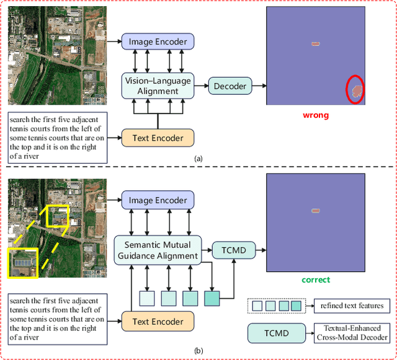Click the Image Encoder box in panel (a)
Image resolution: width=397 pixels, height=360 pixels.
point(158,42)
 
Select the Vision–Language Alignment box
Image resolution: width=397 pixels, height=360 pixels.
point(158,86)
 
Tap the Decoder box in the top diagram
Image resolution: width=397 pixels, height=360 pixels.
point(230,86)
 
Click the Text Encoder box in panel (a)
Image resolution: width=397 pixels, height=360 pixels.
point(158,137)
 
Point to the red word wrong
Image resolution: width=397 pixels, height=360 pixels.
point(315,115)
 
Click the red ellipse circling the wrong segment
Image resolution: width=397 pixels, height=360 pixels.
point(355,90)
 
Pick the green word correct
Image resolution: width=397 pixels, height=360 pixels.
point(315,280)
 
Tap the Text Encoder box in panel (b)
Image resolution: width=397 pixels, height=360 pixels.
point(158,321)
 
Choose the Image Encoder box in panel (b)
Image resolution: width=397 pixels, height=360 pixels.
point(158,200)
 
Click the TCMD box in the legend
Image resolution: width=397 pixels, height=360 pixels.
point(276,333)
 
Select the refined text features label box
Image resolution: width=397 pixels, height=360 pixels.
point(352,305)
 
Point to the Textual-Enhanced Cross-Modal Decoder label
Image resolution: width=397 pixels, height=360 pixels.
point(352,333)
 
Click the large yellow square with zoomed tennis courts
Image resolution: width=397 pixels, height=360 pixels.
point(22,263)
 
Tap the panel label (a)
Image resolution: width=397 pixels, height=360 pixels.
point(198,159)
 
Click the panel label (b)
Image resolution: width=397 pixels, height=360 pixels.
point(198,351)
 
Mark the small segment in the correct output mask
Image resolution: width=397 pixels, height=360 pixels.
point(316,211)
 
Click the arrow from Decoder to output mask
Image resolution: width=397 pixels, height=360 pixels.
point(259,86)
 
